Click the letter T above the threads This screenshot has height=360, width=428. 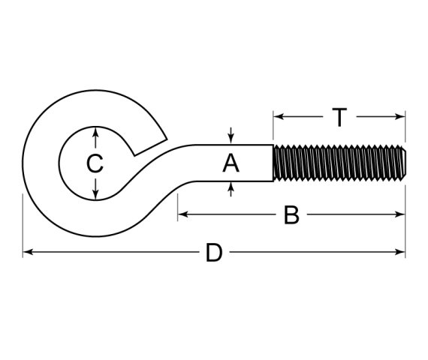(x=339, y=117)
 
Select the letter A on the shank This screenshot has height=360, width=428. (x=231, y=163)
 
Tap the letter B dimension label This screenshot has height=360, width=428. (x=291, y=215)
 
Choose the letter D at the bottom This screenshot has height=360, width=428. (x=214, y=253)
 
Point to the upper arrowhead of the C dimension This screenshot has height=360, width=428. (x=95, y=131)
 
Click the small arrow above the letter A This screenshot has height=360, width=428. (x=231, y=137)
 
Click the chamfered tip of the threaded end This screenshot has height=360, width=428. (x=403, y=163)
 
